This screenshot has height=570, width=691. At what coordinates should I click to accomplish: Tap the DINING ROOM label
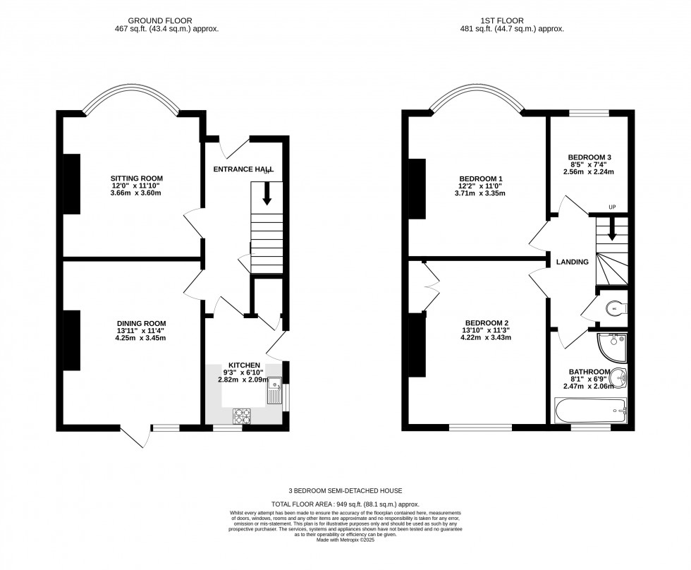point(142,323)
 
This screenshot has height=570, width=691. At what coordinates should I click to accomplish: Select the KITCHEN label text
point(239,365)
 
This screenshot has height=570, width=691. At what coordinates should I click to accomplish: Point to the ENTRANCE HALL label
point(243,169)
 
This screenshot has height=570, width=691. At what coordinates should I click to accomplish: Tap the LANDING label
point(572,262)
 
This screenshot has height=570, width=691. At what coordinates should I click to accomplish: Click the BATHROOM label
point(589,372)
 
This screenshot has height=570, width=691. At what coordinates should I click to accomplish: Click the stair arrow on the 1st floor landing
point(612,228)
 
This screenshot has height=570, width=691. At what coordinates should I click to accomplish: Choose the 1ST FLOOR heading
point(511,21)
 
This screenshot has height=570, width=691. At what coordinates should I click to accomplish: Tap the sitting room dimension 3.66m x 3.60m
point(137,193)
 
